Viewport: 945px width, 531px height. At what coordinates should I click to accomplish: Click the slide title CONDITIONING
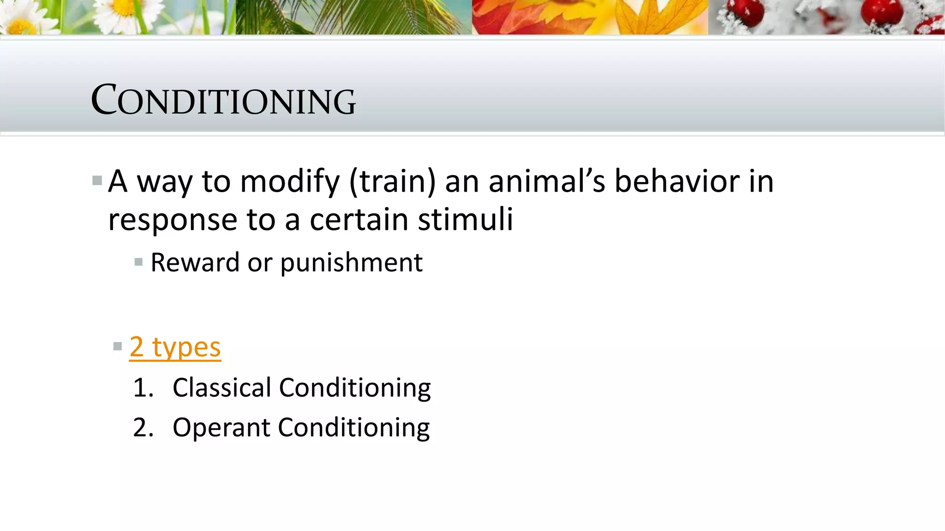pyautogui.click(x=223, y=100)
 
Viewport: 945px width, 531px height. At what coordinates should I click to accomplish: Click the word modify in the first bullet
pyautogui.click(x=290, y=182)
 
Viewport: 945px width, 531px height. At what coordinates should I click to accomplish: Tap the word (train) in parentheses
pyautogui.click(x=392, y=182)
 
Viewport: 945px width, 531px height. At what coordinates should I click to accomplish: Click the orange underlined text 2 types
pyautogui.click(x=175, y=347)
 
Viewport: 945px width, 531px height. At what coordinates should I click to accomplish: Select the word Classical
pyautogui.click(x=221, y=387)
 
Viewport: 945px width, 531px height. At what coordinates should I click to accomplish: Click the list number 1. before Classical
pyautogui.click(x=143, y=388)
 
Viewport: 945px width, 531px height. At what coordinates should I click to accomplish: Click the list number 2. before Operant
pyautogui.click(x=143, y=428)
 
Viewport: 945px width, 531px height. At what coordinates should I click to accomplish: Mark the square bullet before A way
pyautogui.click(x=97, y=180)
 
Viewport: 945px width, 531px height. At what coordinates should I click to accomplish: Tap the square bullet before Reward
pyautogui.click(x=138, y=262)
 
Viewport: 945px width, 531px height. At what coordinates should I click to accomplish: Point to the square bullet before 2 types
pyautogui.click(x=117, y=346)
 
